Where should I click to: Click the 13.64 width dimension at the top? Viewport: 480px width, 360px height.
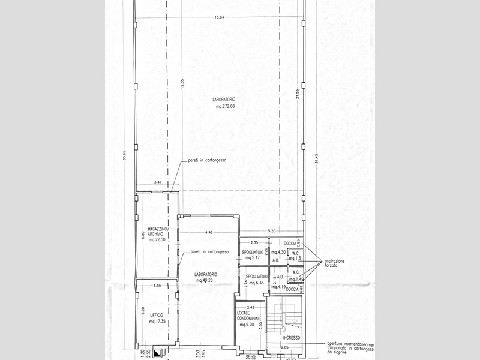pyautogui.click(x=218, y=17)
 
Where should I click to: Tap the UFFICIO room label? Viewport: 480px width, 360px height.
pyautogui.click(x=157, y=315)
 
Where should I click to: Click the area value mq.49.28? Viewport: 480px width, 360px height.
pyautogui.click(x=206, y=280)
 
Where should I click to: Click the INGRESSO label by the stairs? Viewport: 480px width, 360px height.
pyautogui.click(x=293, y=339)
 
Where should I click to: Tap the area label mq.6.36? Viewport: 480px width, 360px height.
pyautogui.click(x=255, y=283)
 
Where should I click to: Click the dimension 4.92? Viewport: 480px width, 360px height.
pyautogui.click(x=209, y=232)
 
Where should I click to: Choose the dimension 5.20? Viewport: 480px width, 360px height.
pyautogui.click(x=271, y=231)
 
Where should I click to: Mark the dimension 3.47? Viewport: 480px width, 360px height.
pyautogui.click(x=158, y=182)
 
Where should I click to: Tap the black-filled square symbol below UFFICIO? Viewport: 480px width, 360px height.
pyautogui.click(x=157, y=354)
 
